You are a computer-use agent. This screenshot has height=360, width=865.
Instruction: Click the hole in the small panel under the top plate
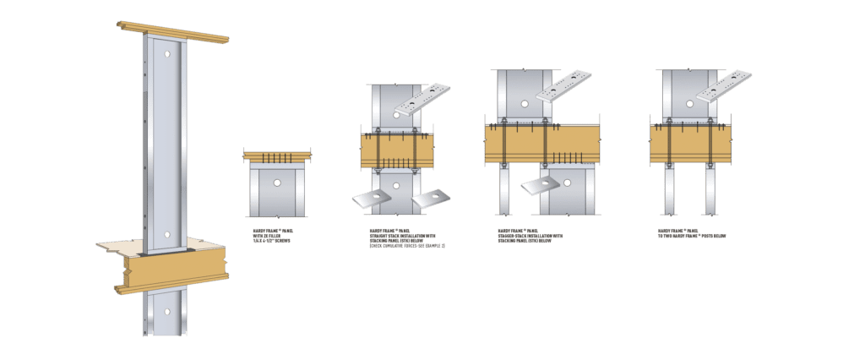tap(277, 181)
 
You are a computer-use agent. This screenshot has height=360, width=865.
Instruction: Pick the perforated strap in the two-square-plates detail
tap(422, 99)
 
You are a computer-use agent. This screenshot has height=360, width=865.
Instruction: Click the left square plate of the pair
tap(371, 199)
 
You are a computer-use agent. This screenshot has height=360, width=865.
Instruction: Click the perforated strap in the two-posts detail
tap(722, 87)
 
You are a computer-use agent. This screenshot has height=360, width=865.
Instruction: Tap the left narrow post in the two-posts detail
tap(669, 190)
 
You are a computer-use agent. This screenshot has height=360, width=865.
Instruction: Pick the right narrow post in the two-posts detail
tap(713, 190)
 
